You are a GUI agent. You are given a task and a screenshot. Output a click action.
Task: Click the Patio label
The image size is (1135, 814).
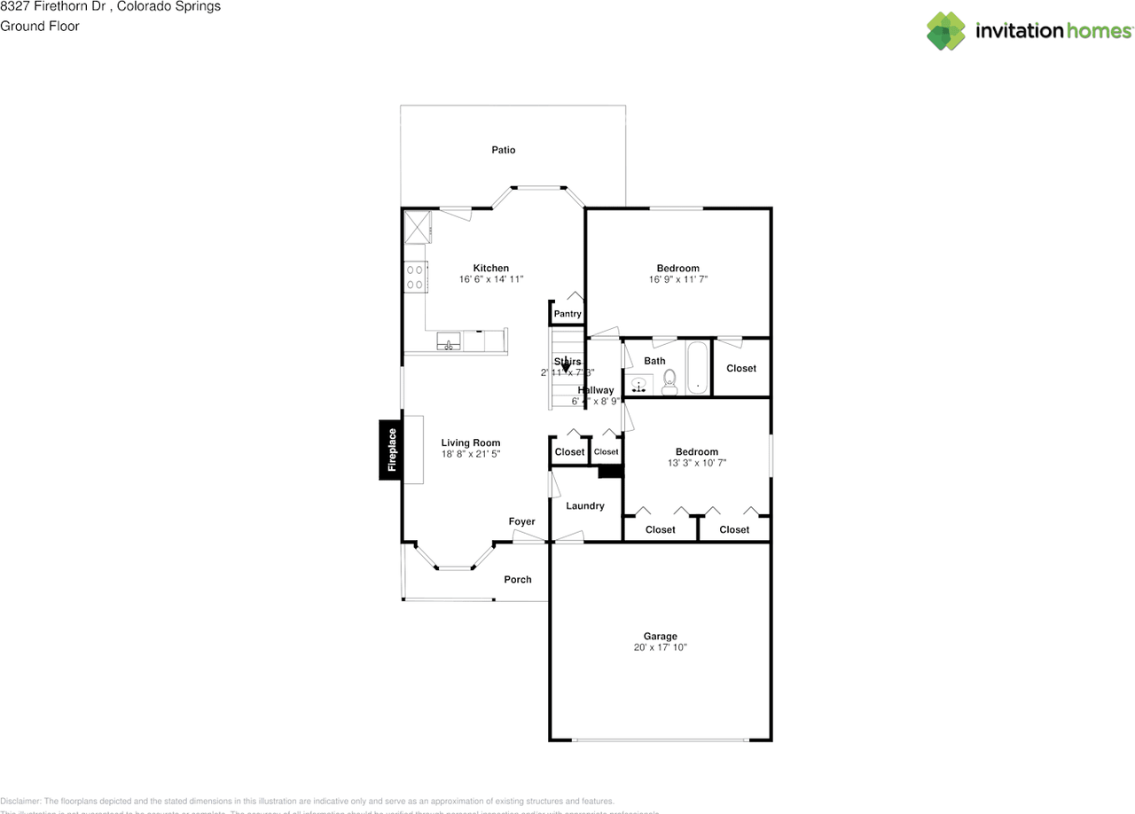click(x=503, y=150)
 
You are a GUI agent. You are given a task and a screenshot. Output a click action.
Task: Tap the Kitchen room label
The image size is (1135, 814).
click(x=490, y=268)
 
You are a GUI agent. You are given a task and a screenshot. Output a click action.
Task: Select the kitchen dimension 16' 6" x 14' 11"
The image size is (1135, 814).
click(x=491, y=279)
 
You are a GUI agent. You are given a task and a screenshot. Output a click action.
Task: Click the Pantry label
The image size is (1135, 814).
click(x=567, y=314)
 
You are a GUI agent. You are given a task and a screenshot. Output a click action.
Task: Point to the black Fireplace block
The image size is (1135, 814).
click(x=391, y=450)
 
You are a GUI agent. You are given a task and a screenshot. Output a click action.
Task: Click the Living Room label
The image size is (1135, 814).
click(x=471, y=442)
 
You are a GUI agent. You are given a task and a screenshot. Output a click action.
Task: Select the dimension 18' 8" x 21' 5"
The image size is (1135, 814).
click(x=471, y=454)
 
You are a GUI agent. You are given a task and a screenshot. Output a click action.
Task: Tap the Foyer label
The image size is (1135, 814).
click(x=521, y=521)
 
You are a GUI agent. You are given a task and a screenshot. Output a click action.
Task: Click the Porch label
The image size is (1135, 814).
click(x=518, y=579)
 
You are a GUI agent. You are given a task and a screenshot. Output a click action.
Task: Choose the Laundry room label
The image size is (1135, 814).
click(x=585, y=505)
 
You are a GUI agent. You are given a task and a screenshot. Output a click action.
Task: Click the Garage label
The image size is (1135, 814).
click(x=660, y=636)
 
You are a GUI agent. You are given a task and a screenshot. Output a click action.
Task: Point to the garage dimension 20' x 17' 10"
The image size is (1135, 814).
click(x=660, y=647)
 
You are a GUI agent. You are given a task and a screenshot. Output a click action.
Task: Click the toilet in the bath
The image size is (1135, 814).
click(x=669, y=382)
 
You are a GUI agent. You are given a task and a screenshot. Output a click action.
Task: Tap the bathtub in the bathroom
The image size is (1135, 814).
click(x=699, y=368)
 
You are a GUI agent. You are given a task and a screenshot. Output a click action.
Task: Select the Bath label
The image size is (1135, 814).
click(x=654, y=361)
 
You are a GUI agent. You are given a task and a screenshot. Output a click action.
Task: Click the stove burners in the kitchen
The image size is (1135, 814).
click(x=414, y=277)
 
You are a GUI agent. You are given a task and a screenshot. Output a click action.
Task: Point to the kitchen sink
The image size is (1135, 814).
click(x=448, y=341)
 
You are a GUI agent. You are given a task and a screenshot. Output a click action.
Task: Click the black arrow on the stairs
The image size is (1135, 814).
click(x=566, y=364)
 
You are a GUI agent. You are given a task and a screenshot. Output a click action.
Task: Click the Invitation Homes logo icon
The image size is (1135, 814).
click(x=946, y=31)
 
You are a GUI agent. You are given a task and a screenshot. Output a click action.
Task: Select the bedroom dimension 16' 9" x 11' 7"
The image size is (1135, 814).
click(x=677, y=279)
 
